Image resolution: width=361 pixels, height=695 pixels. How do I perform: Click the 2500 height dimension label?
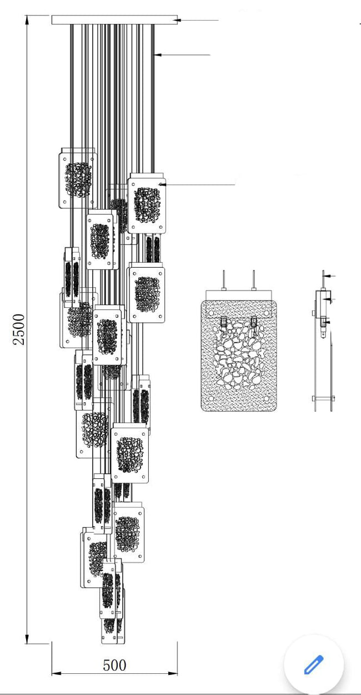19,329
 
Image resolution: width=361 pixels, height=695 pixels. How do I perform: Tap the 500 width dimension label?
114,665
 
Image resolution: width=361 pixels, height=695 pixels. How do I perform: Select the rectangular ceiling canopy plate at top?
114,20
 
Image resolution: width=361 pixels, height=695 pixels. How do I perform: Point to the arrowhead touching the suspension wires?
157,54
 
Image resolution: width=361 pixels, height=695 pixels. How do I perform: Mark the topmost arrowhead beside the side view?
326,275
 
